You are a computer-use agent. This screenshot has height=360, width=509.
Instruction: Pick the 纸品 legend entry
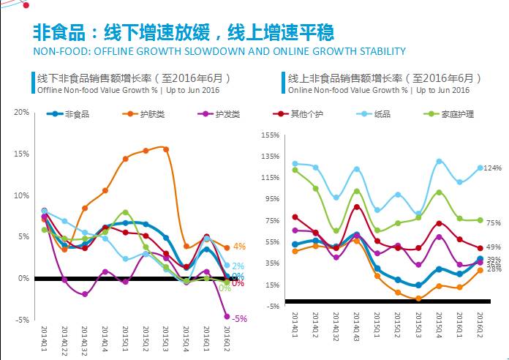coord(382,114)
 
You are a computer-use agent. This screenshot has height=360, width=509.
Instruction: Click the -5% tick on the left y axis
coord(21,320)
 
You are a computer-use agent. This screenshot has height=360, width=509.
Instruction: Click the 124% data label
coord(493,168)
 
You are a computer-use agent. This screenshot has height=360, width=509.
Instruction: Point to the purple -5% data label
coord(239,318)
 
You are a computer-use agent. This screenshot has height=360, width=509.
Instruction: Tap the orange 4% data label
coord(238,247)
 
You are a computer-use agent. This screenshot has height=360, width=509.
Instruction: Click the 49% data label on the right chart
coord(493,247)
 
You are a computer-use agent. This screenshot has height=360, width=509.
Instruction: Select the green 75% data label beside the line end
coord(493,223)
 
